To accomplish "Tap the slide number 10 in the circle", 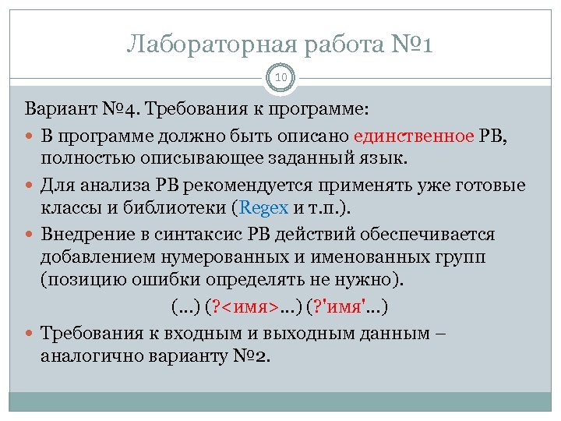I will [x=280, y=77].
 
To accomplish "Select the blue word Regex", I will [x=266, y=207].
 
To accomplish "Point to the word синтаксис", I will [x=198, y=235].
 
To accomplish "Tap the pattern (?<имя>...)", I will [x=255, y=306].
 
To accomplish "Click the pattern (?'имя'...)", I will [x=350, y=306].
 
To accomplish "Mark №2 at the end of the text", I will [x=251, y=357].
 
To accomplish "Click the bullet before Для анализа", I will [x=30, y=186].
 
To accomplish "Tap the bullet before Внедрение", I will [x=30, y=235].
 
